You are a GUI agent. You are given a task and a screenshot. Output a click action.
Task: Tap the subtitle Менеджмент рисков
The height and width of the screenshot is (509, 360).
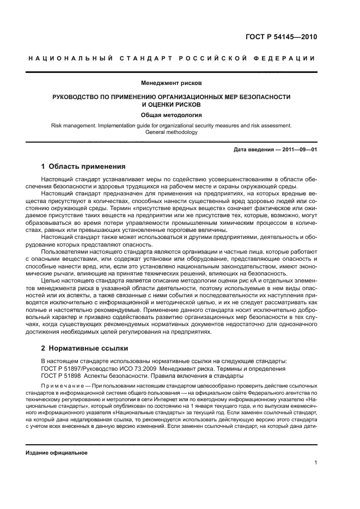tap(171, 84)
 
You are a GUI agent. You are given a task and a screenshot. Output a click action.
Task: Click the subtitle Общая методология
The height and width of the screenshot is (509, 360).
tap(171, 115)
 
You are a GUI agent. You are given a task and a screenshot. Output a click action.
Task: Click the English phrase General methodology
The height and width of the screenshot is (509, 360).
tap(171, 132)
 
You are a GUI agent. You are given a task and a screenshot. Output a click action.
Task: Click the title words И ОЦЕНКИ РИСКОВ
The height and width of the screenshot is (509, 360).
tap(171, 104)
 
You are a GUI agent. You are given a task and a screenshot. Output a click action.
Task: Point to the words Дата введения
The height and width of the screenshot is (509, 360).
tap(254, 149)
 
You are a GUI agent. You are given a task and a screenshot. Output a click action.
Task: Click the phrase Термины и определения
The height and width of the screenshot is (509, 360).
tap(256, 369)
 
